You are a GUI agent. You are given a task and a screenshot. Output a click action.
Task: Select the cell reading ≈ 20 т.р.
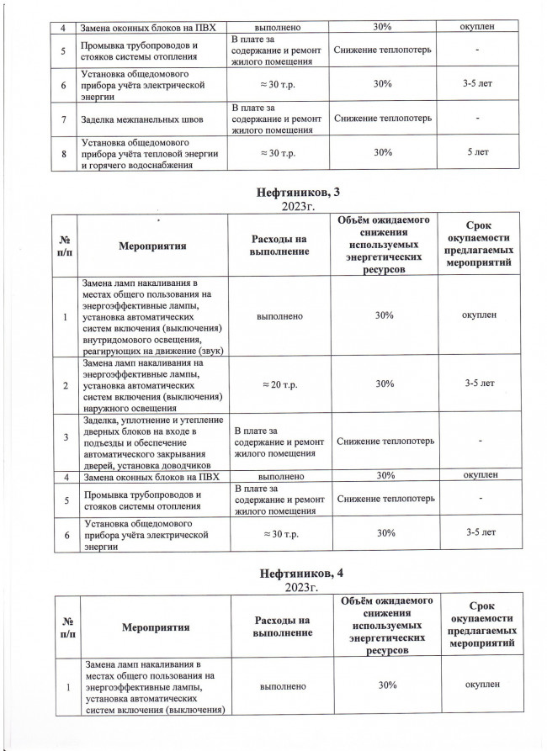click(274, 383)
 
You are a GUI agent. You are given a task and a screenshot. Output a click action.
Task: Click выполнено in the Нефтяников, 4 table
click(274, 685)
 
